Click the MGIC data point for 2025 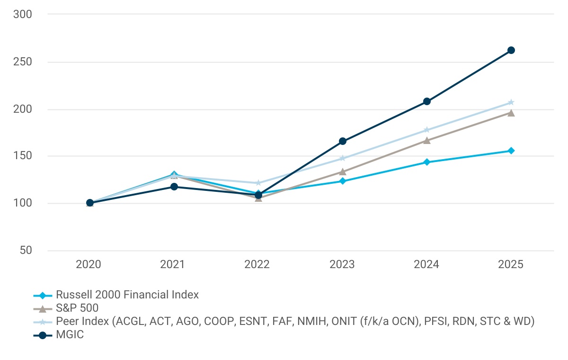[511, 50]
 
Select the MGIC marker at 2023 [343, 141]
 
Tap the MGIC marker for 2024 [427, 101]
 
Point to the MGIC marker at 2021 [174, 187]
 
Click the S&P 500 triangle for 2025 [511, 113]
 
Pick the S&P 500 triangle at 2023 [343, 171]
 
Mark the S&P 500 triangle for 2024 [427, 140]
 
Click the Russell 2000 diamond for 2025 [511, 151]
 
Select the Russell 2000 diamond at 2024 [427, 162]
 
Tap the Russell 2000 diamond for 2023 [343, 181]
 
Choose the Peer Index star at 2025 [511, 102]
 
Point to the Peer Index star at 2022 [258, 183]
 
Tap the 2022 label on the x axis [257, 264]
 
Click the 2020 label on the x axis [89, 264]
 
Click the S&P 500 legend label [77, 308]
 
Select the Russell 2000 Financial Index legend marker [43, 295]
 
